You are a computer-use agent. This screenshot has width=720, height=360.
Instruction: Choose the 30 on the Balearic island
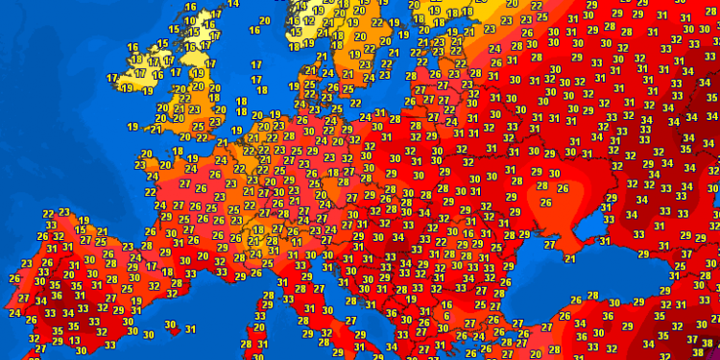pos(171,324)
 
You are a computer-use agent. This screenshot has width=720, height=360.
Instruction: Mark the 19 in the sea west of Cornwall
pos(133,126)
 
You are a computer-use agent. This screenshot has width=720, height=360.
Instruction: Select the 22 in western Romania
pos(442,241)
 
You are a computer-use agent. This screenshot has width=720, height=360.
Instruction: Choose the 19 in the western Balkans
pos(411,299)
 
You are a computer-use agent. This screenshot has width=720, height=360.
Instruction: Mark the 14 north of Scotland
pos(233,4)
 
